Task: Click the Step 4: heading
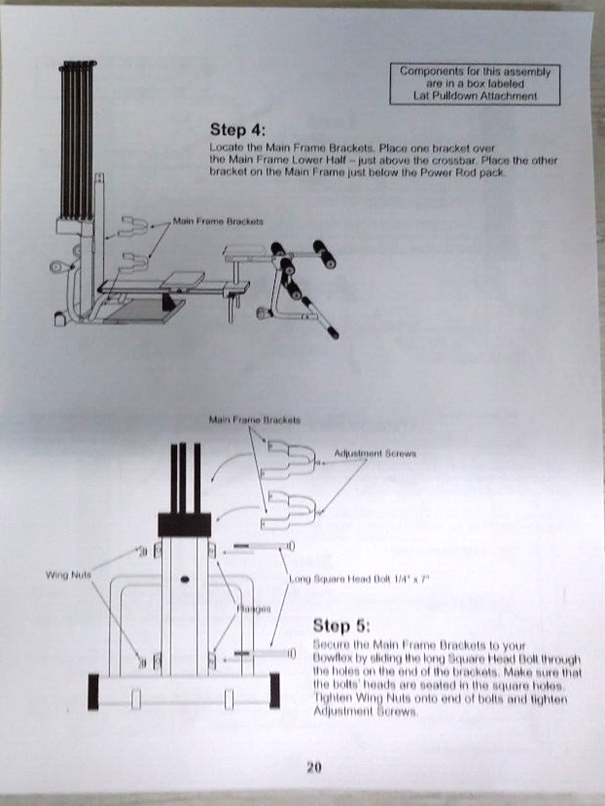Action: [236, 129]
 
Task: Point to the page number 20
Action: [314, 768]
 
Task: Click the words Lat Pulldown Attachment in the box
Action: [475, 96]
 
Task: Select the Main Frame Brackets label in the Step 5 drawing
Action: [255, 421]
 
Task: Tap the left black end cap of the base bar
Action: [94, 690]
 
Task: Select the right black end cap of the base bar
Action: [275, 690]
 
